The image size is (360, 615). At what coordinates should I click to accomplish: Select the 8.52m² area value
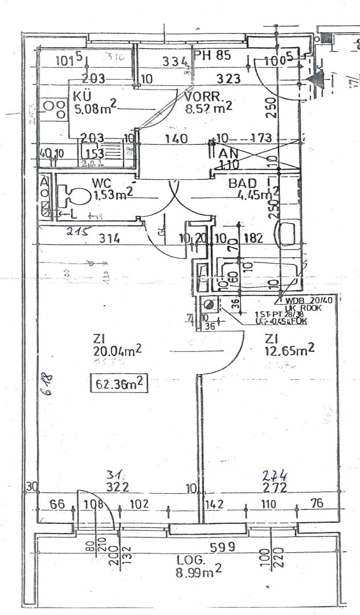point(208,106)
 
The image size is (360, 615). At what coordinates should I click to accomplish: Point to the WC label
point(101,183)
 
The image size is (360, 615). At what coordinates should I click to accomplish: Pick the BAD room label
point(242,183)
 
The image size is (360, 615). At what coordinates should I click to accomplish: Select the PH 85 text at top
point(212,56)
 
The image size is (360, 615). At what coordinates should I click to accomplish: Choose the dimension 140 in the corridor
point(174,138)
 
